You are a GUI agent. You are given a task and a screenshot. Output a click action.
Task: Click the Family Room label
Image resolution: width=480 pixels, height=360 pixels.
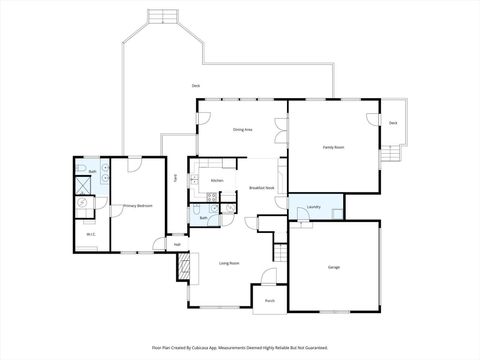pyautogui.click(x=333, y=147)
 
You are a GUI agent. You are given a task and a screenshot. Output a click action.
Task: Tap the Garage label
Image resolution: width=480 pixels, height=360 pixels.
pyautogui.click(x=334, y=267)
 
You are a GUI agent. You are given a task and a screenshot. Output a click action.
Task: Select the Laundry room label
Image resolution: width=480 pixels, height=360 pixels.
pyautogui.click(x=313, y=207)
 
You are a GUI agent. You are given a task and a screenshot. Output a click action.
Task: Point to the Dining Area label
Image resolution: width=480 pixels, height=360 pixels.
pyautogui.click(x=242, y=130)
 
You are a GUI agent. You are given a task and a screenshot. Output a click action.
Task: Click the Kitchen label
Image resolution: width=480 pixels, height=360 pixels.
pyautogui.click(x=216, y=180)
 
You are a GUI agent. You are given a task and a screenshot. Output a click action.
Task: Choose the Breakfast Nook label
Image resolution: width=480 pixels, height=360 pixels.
pyautogui.click(x=262, y=188)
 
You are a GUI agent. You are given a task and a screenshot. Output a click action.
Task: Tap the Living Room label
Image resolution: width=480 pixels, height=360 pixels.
pyautogui.click(x=229, y=263)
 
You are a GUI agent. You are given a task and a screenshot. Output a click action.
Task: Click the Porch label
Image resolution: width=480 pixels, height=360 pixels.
pyautogui.click(x=270, y=299)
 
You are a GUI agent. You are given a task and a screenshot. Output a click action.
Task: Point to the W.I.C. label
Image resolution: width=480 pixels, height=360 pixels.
pyautogui.click(x=90, y=235)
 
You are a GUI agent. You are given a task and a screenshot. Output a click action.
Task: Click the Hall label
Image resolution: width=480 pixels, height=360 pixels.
pyautogui.click(x=177, y=243)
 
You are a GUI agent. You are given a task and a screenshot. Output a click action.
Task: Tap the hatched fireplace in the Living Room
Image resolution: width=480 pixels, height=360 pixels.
pyautogui.click(x=183, y=264)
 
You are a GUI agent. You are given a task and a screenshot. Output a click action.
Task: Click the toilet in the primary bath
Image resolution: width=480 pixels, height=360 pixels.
pyautogui.click(x=84, y=202)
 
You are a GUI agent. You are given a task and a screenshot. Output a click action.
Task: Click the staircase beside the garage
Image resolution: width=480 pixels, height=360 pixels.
pyautogui.click(x=280, y=252)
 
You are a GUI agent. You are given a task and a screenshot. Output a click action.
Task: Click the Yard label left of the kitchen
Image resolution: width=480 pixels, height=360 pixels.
pyautogui.click(x=175, y=178)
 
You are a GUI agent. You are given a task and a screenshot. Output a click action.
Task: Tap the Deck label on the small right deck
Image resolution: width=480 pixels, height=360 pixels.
pyautogui.click(x=393, y=122)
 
